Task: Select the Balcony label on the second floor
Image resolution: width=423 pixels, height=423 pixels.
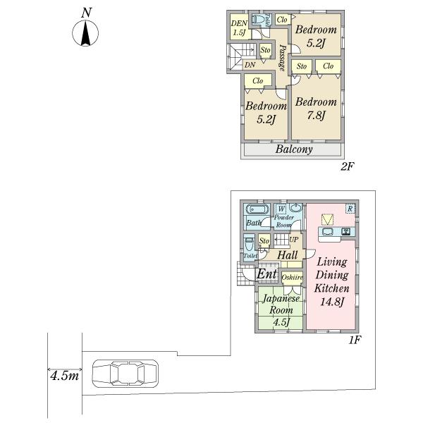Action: click(x=294, y=150)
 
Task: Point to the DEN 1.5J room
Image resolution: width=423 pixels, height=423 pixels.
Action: click(x=238, y=28)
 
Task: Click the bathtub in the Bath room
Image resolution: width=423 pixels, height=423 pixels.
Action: click(x=255, y=209)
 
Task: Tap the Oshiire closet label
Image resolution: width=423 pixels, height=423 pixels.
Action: click(x=292, y=278)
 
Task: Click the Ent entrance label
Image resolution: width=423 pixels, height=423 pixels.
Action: click(x=266, y=274)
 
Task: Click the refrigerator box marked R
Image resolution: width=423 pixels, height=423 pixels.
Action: click(x=349, y=208)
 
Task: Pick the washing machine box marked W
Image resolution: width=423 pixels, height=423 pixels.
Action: click(x=281, y=208)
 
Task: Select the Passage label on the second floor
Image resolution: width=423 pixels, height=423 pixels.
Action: click(x=282, y=53)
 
